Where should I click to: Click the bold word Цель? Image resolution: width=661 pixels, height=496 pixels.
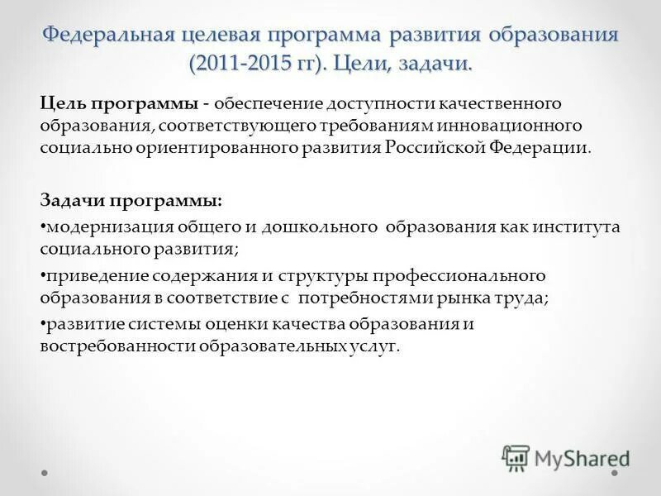(63, 104)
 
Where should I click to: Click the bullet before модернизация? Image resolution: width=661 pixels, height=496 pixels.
(43, 227)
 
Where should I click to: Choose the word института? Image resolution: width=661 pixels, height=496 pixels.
(578, 227)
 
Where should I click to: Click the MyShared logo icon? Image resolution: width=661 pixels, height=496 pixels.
(516, 458)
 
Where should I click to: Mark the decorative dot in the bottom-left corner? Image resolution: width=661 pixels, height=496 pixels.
(45, 474)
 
